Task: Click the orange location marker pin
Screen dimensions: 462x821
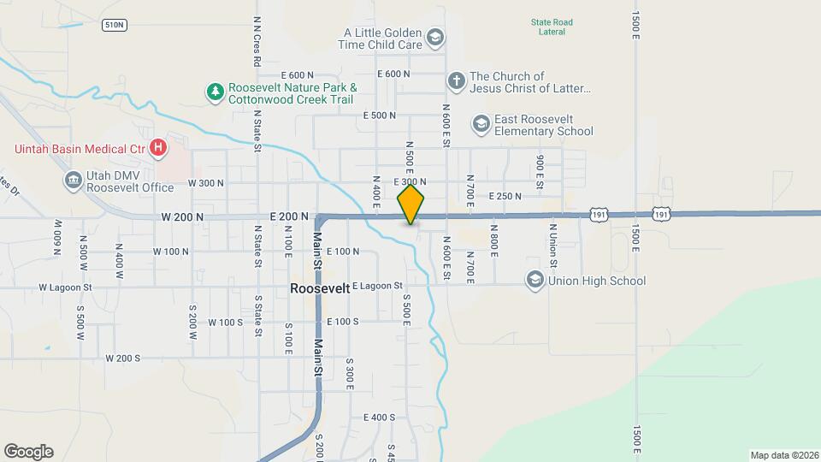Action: pyautogui.click(x=410, y=205)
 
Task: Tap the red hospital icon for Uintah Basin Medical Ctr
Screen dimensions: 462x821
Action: pyautogui.click(x=158, y=148)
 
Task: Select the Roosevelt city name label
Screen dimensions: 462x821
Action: pyautogui.click(x=320, y=288)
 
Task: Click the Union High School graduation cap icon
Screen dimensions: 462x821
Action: pyautogui.click(x=535, y=281)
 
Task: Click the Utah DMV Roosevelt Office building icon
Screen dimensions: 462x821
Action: pyautogui.click(x=73, y=181)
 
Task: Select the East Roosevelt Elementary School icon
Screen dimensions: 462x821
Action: pyautogui.click(x=481, y=125)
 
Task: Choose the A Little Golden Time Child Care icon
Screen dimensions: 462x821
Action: pyautogui.click(x=435, y=36)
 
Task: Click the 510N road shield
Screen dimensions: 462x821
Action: pyautogui.click(x=114, y=25)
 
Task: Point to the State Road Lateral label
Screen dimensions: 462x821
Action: pyautogui.click(x=551, y=27)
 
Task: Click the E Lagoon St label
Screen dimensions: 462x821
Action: pyautogui.click(x=375, y=286)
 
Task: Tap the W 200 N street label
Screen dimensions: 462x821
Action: pyautogui.click(x=182, y=217)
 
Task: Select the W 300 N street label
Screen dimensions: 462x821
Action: pyautogui.click(x=205, y=183)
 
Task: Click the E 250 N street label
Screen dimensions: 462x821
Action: pyautogui.click(x=505, y=197)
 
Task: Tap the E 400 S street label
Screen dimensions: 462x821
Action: pyautogui.click(x=379, y=418)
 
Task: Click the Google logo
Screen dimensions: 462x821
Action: pyautogui.click(x=28, y=452)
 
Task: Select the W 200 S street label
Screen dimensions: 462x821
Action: pyautogui.click(x=122, y=358)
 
